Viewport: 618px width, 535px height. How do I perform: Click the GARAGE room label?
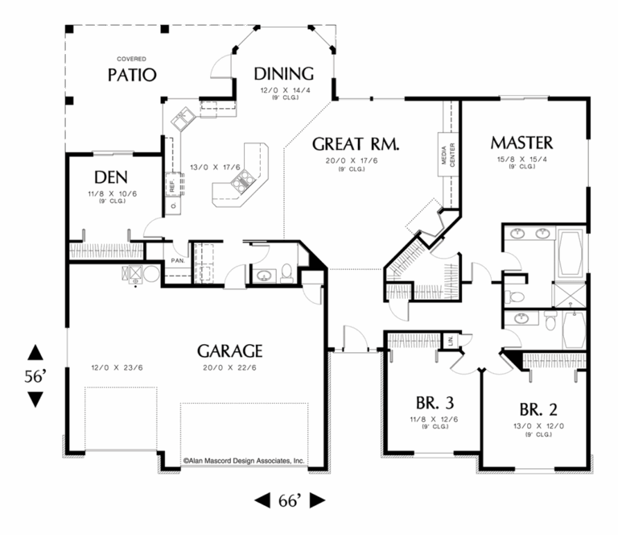pyautogui.click(x=230, y=351)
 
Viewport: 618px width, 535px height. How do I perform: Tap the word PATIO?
pyautogui.click(x=131, y=76)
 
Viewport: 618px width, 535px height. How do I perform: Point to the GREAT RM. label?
pyautogui.click(x=356, y=144)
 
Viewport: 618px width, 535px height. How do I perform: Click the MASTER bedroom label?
pyautogui.click(x=522, y=143)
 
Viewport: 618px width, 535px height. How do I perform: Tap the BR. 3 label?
pyautogui.click(x=435, y=403)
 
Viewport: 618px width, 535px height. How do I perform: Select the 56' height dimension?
pyautogui.click(x=35, y=375)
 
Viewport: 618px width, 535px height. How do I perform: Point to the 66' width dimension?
pyautogui.click(x=289, y=501)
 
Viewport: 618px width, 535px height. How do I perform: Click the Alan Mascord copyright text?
pyautogui.click(x=243, y=462)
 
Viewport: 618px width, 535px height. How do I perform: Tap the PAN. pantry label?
pyautogui.click(x=177, y=260)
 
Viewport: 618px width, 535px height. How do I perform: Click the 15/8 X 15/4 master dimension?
pyautogui.click(x=522, y=159)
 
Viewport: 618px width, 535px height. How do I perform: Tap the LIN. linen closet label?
pyautogui.click(x=451, y=342)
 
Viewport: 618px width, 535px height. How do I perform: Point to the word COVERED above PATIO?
pyautogui.click(x=131, y=59)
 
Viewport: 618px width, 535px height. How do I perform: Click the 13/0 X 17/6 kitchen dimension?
pyautogui.click(x=211, y=168)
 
